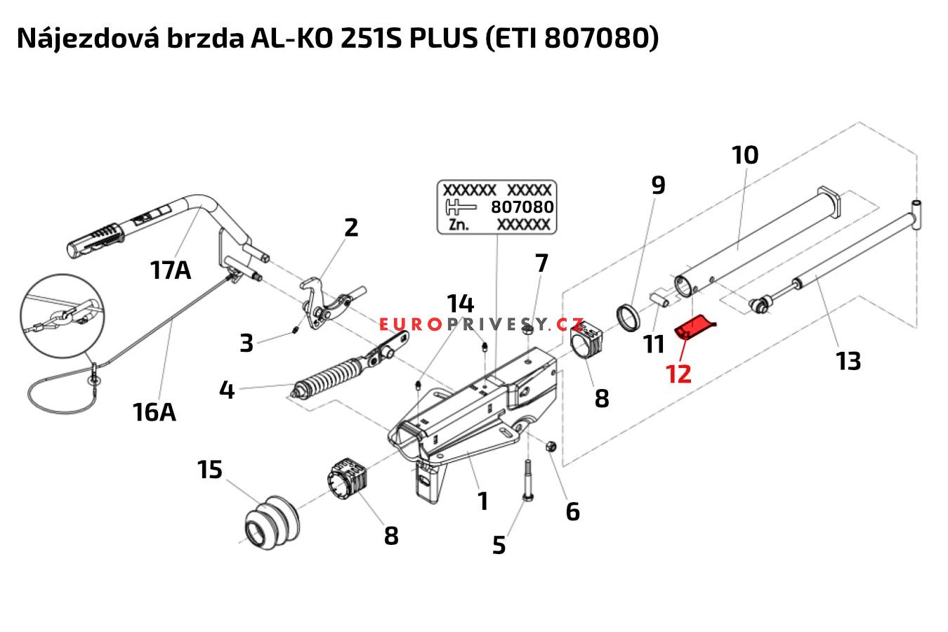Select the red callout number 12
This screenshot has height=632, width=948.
coord(678,373)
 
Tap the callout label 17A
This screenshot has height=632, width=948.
coord(170,269)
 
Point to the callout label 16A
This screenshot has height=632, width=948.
coord(154,412)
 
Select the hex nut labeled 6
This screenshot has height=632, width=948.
coord(551,445)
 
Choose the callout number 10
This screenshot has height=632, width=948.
coord(745,154)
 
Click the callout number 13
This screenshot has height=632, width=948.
coord(848,361)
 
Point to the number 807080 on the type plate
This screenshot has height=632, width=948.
coord(522,207)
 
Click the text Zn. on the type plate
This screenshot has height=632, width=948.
coord(459,225)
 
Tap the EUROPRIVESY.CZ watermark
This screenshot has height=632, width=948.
coord(482,324)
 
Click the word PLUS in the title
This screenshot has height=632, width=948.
coord(442,39)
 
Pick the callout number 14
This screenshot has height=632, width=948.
coord(461,304)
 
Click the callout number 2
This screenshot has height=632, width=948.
coord(351,227)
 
